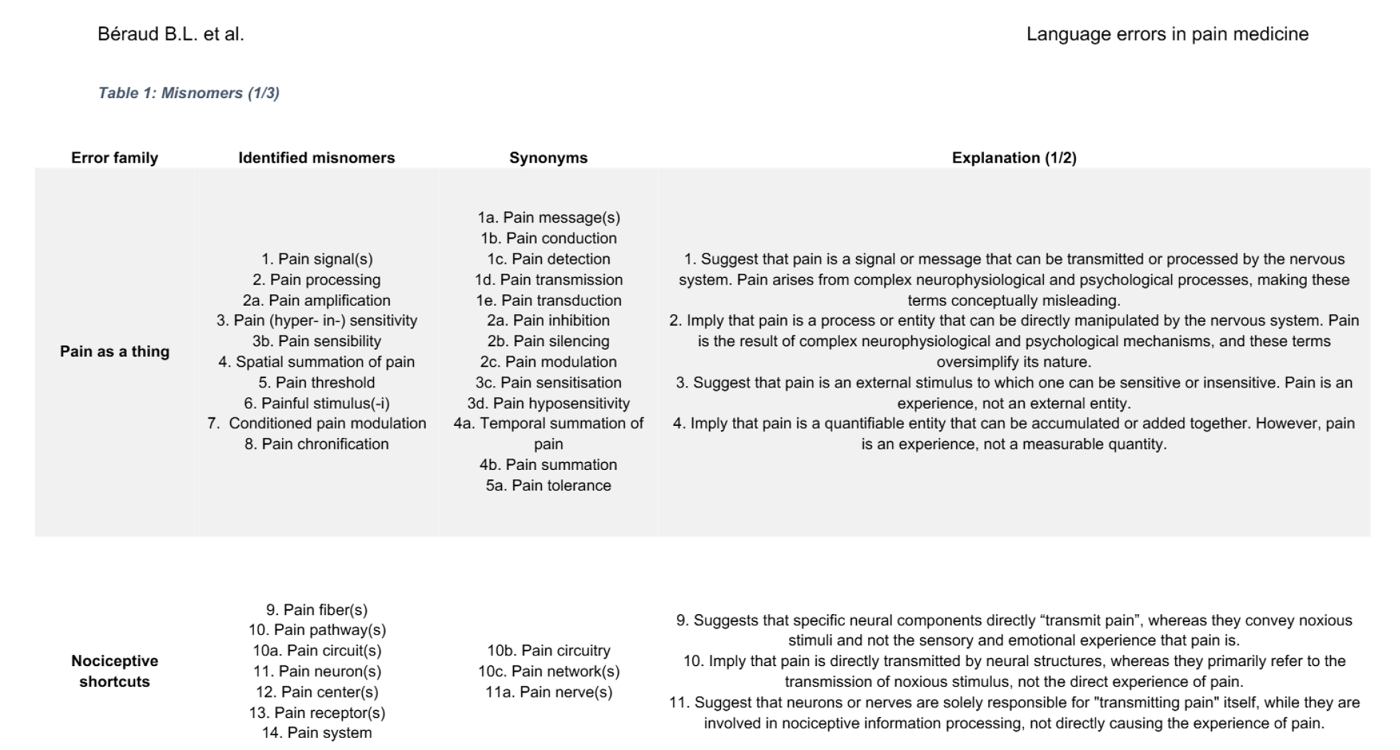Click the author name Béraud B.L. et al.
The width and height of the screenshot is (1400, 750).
(x=171, y=34)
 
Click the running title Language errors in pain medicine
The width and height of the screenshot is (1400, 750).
(x=1167, y=34)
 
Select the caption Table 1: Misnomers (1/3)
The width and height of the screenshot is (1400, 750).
(x=188, y=93)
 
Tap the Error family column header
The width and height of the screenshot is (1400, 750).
(x=114, y=158)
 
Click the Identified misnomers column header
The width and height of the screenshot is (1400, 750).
(x=316, y=158)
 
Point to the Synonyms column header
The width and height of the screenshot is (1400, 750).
(x=548, y=158)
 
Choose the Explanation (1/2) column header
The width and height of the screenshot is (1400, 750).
(x=1014, y=158)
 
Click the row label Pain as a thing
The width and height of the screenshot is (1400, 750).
(x=114, y=352)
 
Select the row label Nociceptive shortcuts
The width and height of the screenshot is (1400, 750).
(x=114, y=671)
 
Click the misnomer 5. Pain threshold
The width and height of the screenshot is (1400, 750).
(x=316, y=382)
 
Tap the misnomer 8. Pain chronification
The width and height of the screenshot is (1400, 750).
(x=316, y=444)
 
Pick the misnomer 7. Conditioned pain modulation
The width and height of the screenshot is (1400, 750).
(x=316, y=424)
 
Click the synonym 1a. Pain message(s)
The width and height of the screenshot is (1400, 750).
(x=548, y=218)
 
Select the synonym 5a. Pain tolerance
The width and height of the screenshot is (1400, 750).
(x=548, y=485)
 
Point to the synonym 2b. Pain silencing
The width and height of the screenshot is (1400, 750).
(x=548, y=341)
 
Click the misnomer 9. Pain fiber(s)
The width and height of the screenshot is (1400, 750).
(x=316, y=610)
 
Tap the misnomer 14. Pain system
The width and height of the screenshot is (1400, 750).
(x=316, y=732)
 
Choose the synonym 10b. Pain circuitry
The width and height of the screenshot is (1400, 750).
(x=548, y=651)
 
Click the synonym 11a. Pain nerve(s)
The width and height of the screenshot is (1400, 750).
(x=548, y=692)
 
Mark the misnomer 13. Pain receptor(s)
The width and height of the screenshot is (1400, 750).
(x=316, y=712)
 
